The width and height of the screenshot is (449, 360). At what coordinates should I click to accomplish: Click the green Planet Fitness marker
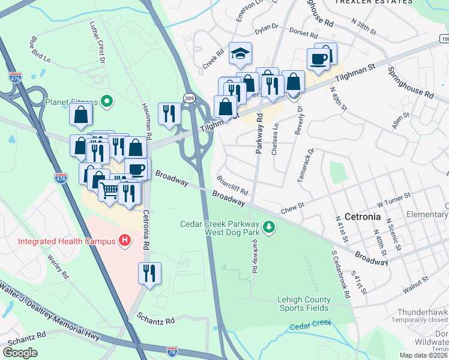[107, 101]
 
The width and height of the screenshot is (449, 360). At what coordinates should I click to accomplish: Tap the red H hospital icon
[125, 241]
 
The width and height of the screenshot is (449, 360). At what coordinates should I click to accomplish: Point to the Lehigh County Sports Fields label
[303, 304]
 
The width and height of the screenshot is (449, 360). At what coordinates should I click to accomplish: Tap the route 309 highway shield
[188, 97]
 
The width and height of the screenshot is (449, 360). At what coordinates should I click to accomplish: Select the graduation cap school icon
[240, 54]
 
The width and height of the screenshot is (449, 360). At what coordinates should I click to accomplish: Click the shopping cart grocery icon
[109, 191]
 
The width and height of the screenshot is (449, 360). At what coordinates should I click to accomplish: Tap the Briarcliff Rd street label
[233, 185]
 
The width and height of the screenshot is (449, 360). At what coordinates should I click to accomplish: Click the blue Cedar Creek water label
[310, 326]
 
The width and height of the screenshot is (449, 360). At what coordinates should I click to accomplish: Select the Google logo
[20, 352]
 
